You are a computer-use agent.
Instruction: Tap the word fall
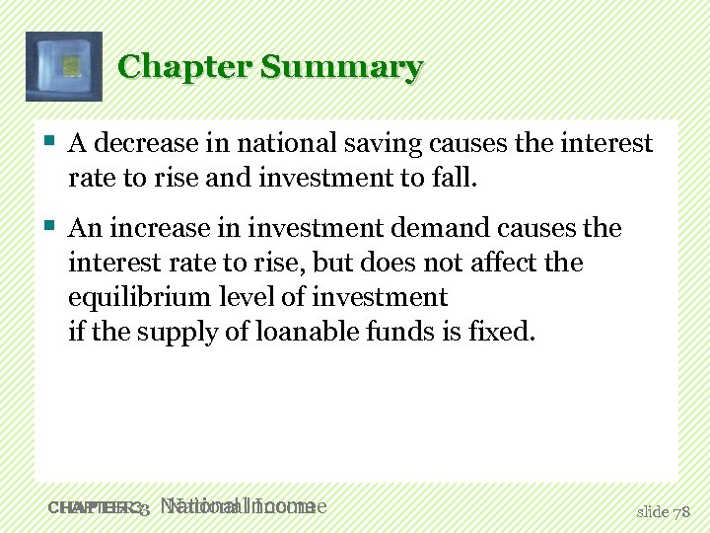pos(455,179)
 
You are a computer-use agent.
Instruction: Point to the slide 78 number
pos(665,510)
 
